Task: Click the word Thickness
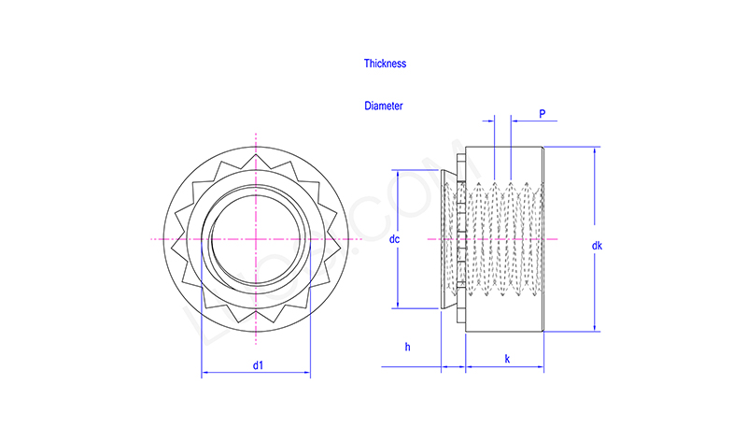pyautogui.click(x=385, y=64)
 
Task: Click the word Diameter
pyautogui.click(x=384, y=107)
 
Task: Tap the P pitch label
pyautogui.click(x=543, y=114)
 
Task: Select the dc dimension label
pyautogui.click(x=394, y=240)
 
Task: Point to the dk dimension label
pyautogui.click(x=597, y=246)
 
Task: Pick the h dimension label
pyautogui.click(x=407, y=347)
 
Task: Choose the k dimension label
pyautogui.click(x=507, y=359)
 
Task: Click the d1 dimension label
pyautogui.click(x=257, y=365)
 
